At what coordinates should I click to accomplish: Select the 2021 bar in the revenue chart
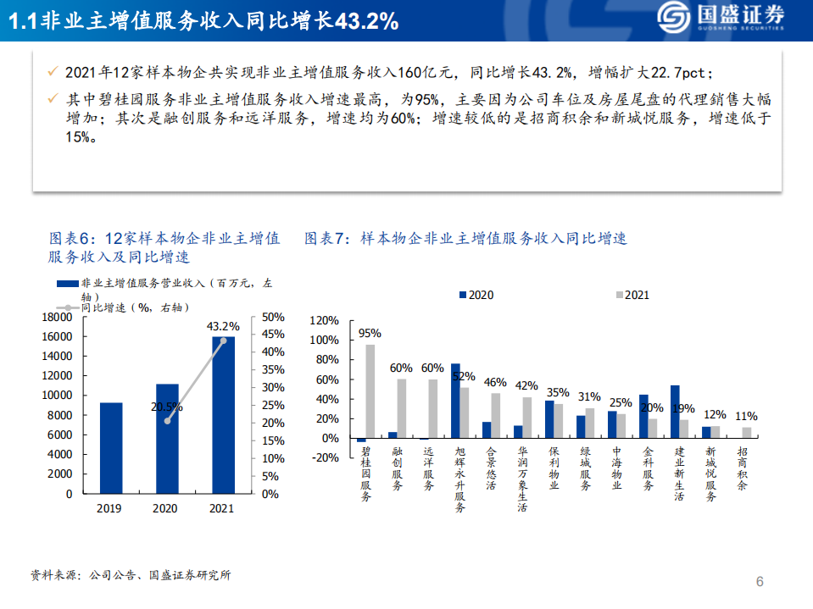pos(224,415)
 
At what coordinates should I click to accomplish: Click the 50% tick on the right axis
pos(273,317)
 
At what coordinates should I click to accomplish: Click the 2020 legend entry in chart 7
pos(476,295)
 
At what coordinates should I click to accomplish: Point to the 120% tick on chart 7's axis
pos(325,321)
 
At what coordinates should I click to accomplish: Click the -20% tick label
pos(325,458)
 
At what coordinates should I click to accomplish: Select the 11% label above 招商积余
pos(746,417)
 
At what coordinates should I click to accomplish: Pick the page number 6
pos(760,582)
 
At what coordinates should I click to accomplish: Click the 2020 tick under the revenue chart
pos(165,508)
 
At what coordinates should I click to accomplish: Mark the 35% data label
pos(557,393)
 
